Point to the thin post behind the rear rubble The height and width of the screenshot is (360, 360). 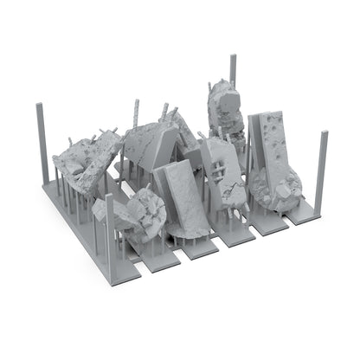point(233,74)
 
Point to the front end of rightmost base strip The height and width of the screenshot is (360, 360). point(299,221)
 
